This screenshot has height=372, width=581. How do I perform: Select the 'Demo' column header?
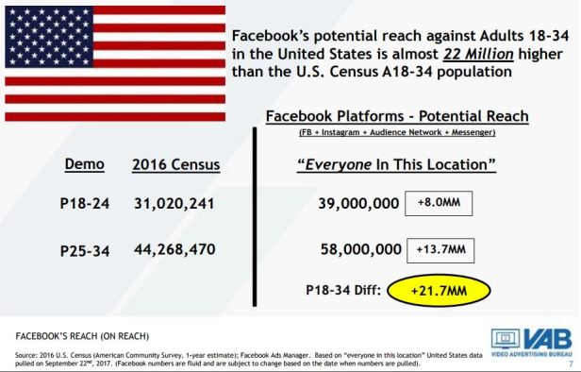84,164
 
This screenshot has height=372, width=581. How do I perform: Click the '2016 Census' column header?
175,165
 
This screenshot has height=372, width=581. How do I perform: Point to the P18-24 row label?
85,205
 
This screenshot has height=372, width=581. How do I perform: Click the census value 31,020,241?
175,205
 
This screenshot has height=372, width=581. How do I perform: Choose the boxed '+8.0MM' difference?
438,204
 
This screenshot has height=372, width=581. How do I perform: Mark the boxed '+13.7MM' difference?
441,249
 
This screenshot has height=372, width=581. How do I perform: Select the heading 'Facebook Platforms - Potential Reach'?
397,116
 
